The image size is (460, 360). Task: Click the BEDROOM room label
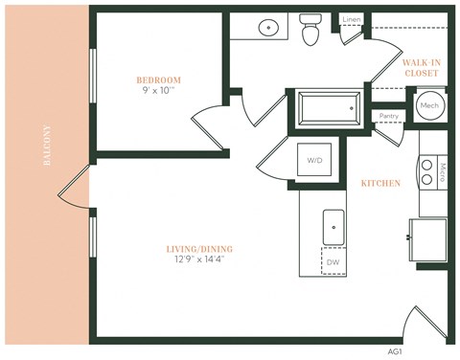click(158, 79)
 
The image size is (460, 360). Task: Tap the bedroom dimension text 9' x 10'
click(158, 92)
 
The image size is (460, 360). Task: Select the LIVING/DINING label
click(198, 249)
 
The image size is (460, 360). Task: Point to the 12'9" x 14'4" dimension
click(198, 260)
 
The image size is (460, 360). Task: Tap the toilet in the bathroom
click(310, 31)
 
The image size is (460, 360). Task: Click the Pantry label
click(388, 116)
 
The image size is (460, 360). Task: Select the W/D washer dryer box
click(315, 160)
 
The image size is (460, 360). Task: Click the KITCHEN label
click(380, 183)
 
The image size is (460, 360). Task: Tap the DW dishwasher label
click(333, 261)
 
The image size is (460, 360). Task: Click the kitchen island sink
click(333, 227)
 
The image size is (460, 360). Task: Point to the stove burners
click(426, 170)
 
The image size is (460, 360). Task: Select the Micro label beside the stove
click(443, 171)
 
